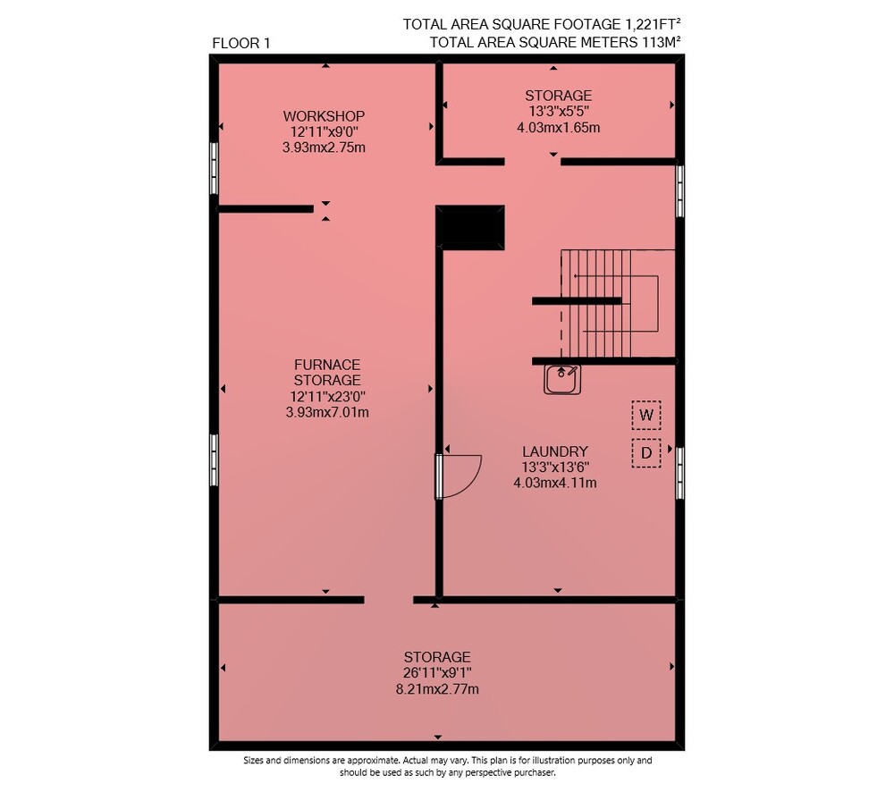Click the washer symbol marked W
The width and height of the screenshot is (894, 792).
646,415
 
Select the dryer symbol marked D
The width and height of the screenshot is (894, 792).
646,452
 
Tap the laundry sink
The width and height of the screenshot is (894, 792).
562,380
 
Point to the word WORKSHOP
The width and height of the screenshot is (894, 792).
324,115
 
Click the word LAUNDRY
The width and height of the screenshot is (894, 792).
555,451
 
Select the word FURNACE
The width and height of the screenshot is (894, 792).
327,365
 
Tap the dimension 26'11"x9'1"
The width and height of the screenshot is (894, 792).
437,673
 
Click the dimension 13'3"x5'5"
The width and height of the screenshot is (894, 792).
558,111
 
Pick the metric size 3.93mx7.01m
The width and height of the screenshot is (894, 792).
327,412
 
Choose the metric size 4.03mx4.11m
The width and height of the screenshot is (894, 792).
555,483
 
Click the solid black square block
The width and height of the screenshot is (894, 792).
470,227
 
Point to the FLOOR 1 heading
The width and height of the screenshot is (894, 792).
241,43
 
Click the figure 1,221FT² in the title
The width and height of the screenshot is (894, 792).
653,24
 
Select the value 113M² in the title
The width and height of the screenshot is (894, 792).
662,42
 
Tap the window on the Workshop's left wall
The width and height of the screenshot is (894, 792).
214,168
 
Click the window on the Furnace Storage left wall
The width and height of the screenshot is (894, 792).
214,460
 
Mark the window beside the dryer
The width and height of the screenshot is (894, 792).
679,473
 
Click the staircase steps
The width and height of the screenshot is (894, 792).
595,303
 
